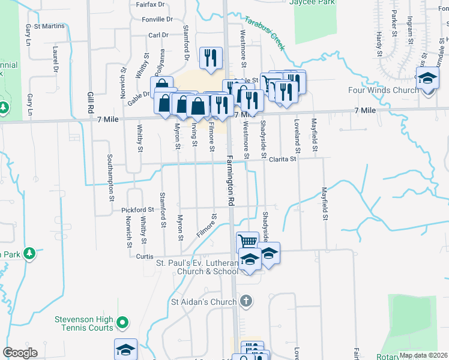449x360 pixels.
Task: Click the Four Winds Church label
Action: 384,91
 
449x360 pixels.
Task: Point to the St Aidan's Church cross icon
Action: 246,300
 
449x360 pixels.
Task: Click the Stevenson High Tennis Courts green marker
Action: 122,323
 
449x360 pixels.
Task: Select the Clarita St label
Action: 282,159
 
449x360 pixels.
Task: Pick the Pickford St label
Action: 137,210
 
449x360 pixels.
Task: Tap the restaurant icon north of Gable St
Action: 210,58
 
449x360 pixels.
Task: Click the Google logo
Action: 20,352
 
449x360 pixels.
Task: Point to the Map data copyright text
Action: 423,355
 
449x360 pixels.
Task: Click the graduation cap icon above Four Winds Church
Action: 428,79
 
